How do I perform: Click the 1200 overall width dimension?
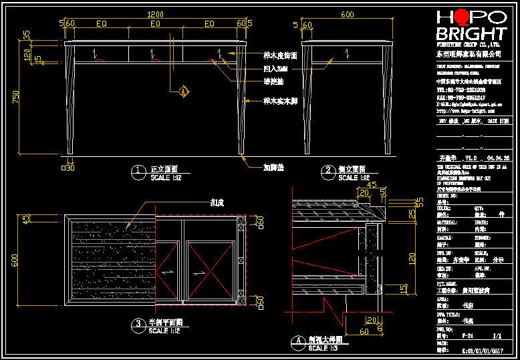(155, 14)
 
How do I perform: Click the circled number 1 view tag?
(138, 172)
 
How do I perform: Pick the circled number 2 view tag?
(328, 172)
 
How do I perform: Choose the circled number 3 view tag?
(138, 325)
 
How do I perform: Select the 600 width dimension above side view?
(348, 14)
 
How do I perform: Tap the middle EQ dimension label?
(155, 24)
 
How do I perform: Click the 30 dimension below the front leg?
(70, 168)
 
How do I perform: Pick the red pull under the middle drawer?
(155, 61)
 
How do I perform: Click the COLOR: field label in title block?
(444, 208)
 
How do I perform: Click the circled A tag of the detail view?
(298, 340)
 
